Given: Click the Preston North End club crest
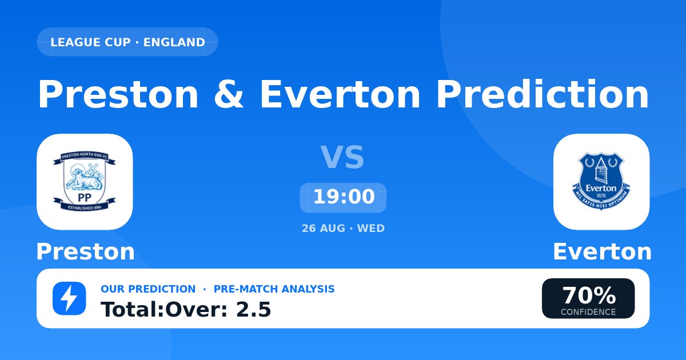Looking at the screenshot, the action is point(85,182).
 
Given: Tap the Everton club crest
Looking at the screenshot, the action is point(601,182).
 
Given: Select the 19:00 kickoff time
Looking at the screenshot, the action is point(344,197).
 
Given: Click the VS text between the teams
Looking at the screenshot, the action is point(342,157).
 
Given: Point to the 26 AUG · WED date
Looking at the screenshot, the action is point(343,229).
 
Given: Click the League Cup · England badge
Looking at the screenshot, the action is point(127,42).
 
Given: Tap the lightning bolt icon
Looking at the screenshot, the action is point(69,298).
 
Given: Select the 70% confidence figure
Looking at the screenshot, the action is point(589,295).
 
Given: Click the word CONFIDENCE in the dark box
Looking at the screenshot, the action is point(588,312).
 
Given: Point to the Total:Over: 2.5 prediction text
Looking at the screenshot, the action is point(186,309).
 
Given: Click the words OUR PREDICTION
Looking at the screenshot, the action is point(148,289).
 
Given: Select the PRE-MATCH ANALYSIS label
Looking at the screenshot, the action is point(274,289).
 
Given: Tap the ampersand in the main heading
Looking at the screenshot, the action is point(229,94).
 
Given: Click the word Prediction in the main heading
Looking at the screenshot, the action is point(543,94).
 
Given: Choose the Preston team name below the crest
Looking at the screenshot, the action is point(85,251).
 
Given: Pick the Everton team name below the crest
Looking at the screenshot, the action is point(602,251).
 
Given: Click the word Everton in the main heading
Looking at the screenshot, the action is point(340,94).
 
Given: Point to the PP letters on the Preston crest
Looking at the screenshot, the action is point(85,198).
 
